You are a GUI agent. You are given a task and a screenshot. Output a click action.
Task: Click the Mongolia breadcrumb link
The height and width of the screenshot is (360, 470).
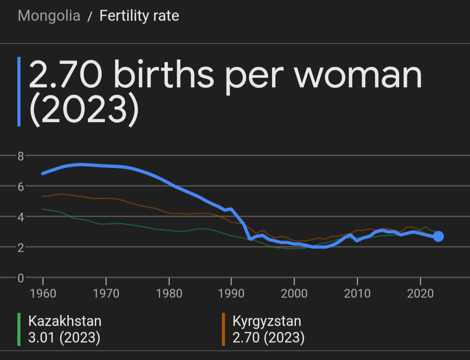coord(49,16)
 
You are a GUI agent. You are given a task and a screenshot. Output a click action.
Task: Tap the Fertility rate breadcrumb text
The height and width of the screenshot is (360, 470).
coord(139,16)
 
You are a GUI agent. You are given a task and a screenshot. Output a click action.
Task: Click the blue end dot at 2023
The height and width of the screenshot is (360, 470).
coord(438,236)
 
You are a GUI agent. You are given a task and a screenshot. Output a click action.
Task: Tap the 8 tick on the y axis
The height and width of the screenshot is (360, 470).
coord(20,156)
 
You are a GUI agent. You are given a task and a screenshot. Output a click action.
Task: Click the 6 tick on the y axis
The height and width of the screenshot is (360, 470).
coord(20,186)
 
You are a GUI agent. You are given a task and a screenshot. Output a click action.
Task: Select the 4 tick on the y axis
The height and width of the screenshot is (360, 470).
coord(20,217)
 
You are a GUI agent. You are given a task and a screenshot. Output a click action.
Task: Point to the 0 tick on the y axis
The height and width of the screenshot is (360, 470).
coord(20,278)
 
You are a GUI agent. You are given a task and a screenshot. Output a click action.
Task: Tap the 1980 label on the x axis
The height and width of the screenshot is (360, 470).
coord(168,293)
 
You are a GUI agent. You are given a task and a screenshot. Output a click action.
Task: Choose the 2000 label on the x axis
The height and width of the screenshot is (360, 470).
coord(294,293)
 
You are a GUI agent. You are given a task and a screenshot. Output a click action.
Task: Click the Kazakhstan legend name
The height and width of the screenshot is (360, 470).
coord(65,321)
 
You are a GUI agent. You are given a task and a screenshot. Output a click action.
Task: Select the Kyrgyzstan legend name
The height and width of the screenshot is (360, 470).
coord(267,321)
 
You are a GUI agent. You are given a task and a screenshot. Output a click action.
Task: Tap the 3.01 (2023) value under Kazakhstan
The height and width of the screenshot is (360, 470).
coord(64,338)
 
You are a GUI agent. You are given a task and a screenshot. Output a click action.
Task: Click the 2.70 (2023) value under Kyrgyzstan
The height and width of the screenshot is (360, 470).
coord(269,338)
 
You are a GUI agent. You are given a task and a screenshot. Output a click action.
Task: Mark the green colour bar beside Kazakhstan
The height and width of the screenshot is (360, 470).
coord(19,330)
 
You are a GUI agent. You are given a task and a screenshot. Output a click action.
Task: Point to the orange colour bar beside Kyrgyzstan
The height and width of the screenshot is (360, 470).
coord(223,330)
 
